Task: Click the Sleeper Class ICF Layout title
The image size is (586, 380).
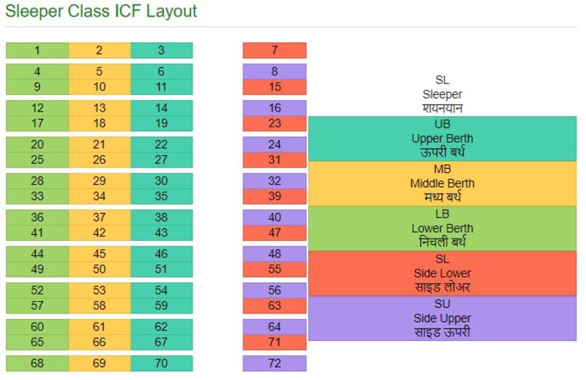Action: pyautogui.click(x=101, y=12)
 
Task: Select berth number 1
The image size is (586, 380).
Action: pyautogui.click(x=37, y=50)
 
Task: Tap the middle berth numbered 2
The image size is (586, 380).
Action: pyautogui.click(x=99, y=50)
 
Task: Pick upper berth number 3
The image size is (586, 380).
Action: pyautogui.click(x=161, y=50)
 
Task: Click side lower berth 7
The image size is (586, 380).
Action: pyautogui.click(x=274, y=50)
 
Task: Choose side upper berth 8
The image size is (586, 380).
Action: pyautogui.click(x=274, y=72)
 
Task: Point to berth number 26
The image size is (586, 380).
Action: pyautogui.click(x=99, y=160)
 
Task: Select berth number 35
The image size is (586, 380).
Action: pyautogui.click(x=161, y=196)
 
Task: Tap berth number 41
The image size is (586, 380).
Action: pyautogui.click(x=37, y=233)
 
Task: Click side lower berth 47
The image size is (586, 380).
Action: pyautogui.click(x=274, y=233)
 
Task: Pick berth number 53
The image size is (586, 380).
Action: pyautogui.click(x=99, y=290)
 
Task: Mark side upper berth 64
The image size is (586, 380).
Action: pyautogui.click(x=274, y=326)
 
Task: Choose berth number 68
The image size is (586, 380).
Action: pyautogui.click(x=37, y=363)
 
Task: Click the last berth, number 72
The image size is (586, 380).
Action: pyautogui.click(x=274, y=363)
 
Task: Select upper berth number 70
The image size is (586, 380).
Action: pyautogui.click(x=161, y=363)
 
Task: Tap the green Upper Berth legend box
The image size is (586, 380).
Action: pyautogui.click(x=442, y=139)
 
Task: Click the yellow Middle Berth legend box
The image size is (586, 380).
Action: pyautogui.click(x=442, y=183)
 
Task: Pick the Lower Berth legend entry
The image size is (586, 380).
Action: pyautogui.click(x=442, y=228)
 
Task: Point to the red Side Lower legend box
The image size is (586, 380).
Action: pyautogui.click(x=442, y=273)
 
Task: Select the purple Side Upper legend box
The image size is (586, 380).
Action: pyautogui.click(x=442, y=318)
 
